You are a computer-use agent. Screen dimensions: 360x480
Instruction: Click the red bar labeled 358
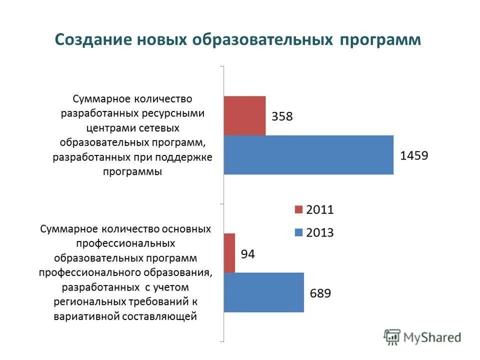click(x=244, y=115)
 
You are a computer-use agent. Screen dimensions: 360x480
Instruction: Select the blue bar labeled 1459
click(x=308, y=154)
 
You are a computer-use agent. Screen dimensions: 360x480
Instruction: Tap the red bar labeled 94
click(x=229, y=253)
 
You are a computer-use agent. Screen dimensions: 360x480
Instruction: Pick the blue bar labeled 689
click(x=263, y=292)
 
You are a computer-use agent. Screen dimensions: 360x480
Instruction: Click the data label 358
click(x=282, y=116)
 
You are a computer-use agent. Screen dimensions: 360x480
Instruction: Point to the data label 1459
click(x=414, y=155)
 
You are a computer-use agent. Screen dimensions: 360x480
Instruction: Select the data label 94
click(x=248, y=254)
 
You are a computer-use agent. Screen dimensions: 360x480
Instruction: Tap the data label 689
click(x=320, y=293)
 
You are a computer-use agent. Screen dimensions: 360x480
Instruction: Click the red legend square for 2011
click(x=299, y=210)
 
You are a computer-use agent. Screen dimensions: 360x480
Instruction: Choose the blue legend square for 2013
click(x=299, y=232)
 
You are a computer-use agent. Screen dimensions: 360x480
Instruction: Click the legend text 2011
click(x=319, y=210)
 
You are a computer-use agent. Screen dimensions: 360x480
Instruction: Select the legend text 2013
click(x=319, y=232)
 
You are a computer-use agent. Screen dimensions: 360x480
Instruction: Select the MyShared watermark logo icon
click(x=392, y=337)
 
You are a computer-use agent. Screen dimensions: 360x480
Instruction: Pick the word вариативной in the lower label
click(x=92, y=316)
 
